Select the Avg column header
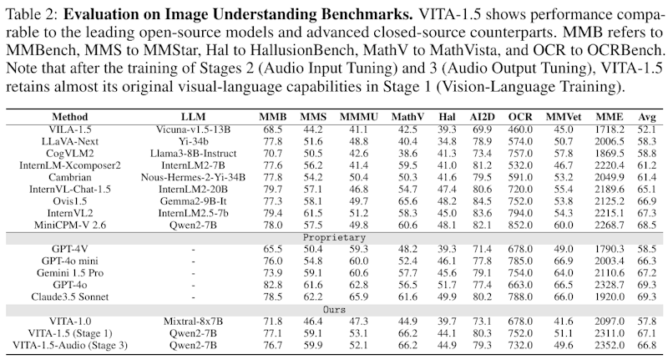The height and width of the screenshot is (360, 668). click(x=646, y=115)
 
